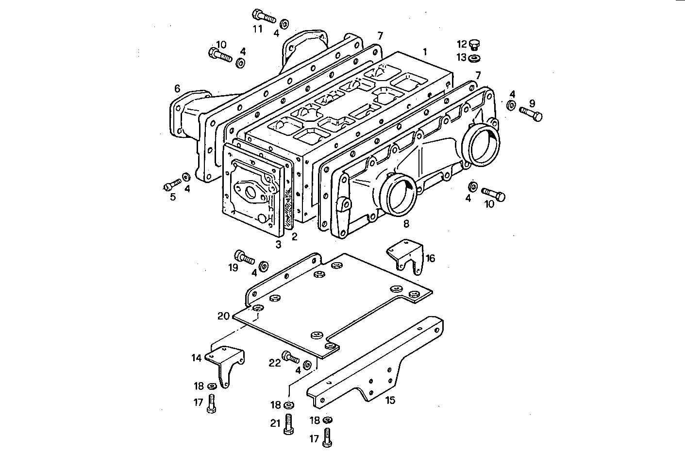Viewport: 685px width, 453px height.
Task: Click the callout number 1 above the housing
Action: (x=425, y=51)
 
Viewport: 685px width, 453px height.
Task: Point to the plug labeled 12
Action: (x=475, y=45)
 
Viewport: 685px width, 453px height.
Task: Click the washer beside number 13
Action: (x=474, y=58)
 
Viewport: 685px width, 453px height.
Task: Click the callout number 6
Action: (x=177, y=88)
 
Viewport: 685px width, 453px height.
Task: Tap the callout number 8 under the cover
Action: (x=406, y=223)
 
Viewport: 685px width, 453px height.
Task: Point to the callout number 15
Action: (x=390, y=400)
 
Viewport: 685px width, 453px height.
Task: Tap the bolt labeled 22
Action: (x=291, y=358)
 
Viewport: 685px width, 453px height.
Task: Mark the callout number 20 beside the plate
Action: (x=223, y=316)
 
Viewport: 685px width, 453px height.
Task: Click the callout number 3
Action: (x=278, y=245)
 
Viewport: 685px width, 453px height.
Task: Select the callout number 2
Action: (x=294, y=237)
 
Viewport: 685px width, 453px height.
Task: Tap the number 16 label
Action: (x=430, y=258)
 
